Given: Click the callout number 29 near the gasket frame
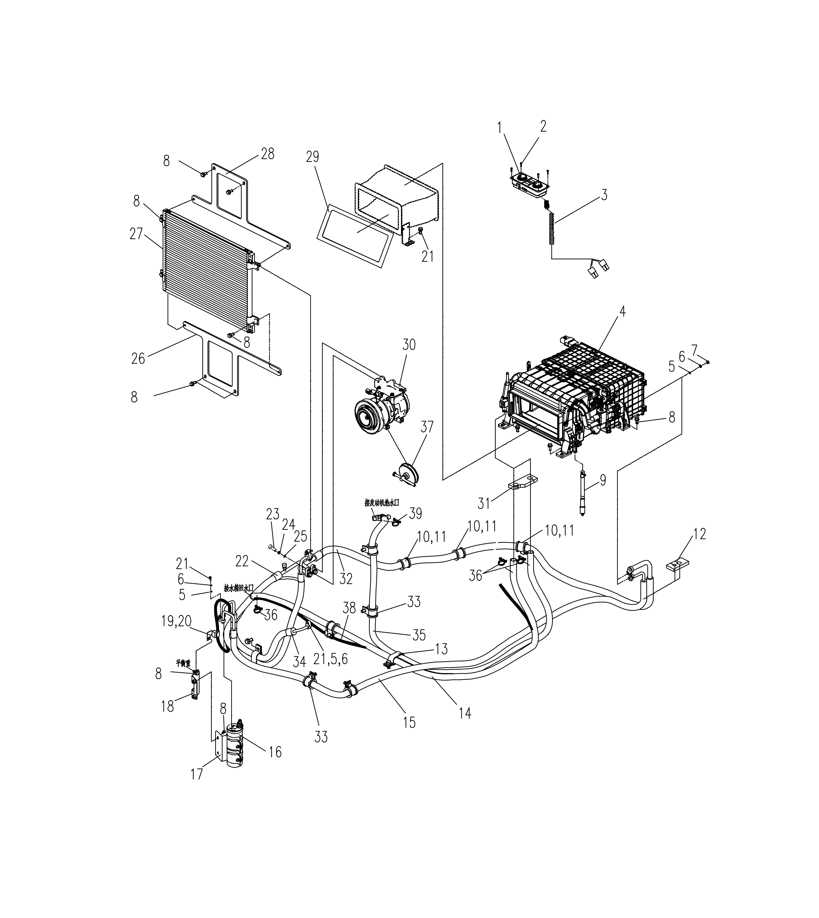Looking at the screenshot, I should [312, 157].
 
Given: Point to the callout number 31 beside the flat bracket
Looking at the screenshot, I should [484, 503].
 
